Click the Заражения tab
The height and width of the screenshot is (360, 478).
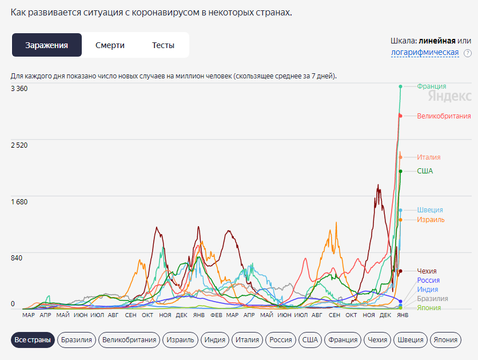(x=47, y=45)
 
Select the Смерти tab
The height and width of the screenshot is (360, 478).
(x=110, y=45)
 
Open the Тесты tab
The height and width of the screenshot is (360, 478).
(x=163, y=45)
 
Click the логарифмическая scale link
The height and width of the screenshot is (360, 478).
(x=425, y=53)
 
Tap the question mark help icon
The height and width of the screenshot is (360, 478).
(x=467, y=53)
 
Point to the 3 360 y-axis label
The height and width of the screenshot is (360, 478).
(x=19, y=89)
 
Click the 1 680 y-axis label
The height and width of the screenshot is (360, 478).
(x=19, y=201)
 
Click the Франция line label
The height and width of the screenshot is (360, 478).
(x=432, y=86)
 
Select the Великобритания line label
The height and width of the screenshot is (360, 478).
(x=444, y=116)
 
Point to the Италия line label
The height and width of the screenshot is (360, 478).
(x=429, y=157)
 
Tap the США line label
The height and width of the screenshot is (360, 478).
(x=425, y=171)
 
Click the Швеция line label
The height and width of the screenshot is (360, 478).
(x=430, y=210)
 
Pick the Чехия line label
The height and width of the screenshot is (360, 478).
(x=427, y=271)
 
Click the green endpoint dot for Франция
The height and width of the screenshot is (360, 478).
(x=400, y=86)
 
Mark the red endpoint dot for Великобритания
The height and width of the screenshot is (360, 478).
(x=400, y=116)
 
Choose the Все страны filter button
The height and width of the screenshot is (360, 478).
(x=33, y=340)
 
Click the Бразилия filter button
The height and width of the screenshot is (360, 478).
(x=76, y=340)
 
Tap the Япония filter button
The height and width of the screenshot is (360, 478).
(x=445, y=340)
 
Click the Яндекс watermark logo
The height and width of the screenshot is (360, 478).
(x=455, y=96)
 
